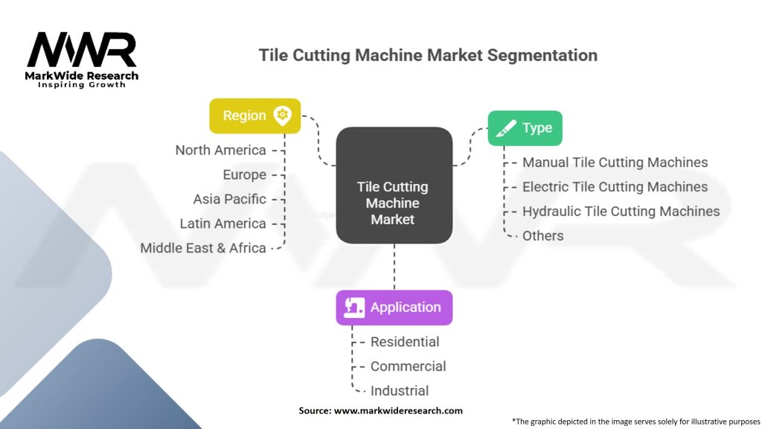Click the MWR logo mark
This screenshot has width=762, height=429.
point(82,50)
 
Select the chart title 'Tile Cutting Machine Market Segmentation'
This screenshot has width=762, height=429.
point(427,55)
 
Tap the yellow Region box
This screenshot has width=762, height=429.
point(254,115)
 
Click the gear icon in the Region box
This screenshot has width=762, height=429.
point(282,115)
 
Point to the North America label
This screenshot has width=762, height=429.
point(220,150)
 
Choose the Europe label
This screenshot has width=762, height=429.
point(244,175)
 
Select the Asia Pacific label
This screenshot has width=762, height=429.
point(229,200)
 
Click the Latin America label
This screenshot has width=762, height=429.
point(222,223)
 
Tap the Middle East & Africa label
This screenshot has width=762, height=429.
point(203,248)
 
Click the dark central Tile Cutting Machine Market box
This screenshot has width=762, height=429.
point(394,186)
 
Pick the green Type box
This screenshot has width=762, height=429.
point(525,128)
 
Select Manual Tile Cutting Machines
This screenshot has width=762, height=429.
point(615,162)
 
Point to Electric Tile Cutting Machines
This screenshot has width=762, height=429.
point(615,187)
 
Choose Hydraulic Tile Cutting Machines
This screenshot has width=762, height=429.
point(621,212)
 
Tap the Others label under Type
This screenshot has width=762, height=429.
point(542,236)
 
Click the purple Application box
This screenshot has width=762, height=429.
point(394,308)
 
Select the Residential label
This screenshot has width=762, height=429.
point(405,342)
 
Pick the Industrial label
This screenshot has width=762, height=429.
point(400,390)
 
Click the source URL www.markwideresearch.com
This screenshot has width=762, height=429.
point(398,410)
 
